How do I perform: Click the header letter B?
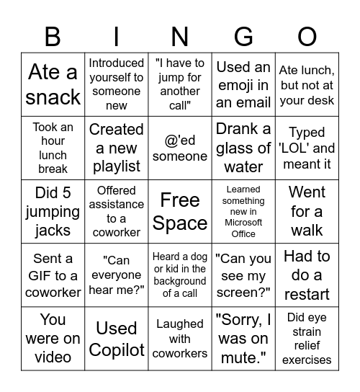click(53, 35)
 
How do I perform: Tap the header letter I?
click(117, 35)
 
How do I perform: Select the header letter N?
click(180, 35)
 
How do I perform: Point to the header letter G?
click(243, 35)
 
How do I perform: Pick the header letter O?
click(307, 35)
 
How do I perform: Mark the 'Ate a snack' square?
click(53, 84)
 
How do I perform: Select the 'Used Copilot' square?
click(117, 339)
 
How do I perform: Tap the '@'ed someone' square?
click(180, 148)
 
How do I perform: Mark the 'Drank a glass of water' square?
click(243, 148)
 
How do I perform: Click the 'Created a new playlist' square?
click(117, 148)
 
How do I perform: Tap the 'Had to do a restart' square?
click(307, 275)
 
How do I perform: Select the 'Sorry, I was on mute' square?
click(243, 339)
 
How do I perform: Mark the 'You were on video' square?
click(53, 339)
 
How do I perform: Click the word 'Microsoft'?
click(243, 223)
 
